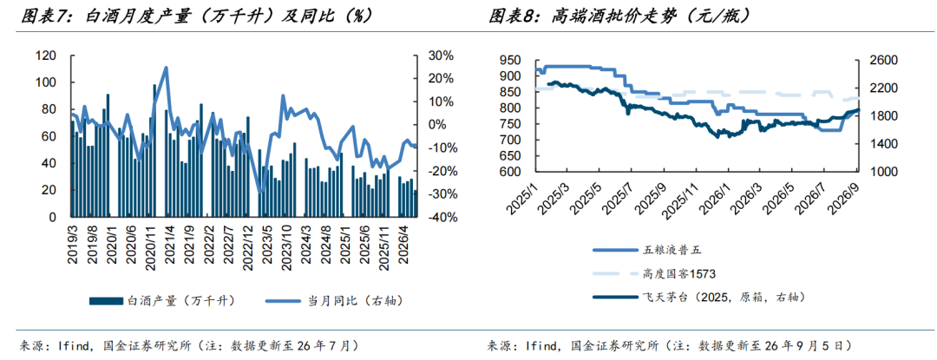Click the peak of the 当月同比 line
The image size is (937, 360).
coord(166,68)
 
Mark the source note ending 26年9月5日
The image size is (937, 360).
coord(669,345)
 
